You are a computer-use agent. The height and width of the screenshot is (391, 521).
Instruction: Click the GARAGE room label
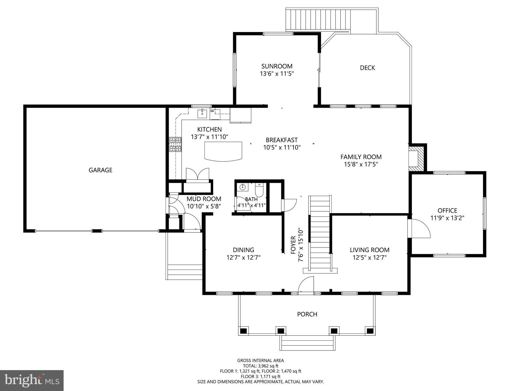point(100,170)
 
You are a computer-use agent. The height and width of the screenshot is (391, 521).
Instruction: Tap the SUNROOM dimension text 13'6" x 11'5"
point(277,74)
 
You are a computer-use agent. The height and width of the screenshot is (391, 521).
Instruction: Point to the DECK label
point(367,68)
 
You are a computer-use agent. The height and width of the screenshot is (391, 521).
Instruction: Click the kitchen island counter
point(223,151)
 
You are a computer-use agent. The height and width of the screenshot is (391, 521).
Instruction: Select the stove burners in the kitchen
point(176,145)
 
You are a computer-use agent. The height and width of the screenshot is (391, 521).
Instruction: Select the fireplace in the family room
point(417,159)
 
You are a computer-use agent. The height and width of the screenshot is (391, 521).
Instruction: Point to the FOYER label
point(293,245)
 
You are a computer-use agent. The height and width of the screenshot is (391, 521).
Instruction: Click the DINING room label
point(243,250)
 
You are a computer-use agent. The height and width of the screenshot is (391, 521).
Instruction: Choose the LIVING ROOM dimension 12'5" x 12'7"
point(370,258)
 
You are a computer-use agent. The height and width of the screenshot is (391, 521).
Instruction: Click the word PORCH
point(307,314)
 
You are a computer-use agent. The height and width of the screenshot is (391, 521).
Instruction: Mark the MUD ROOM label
point(204,199)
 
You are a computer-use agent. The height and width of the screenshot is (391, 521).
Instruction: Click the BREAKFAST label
point(282,140)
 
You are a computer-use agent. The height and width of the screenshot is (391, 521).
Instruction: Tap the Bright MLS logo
point(32,381)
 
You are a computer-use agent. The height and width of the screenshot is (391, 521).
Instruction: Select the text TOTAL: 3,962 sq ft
point(260,366)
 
